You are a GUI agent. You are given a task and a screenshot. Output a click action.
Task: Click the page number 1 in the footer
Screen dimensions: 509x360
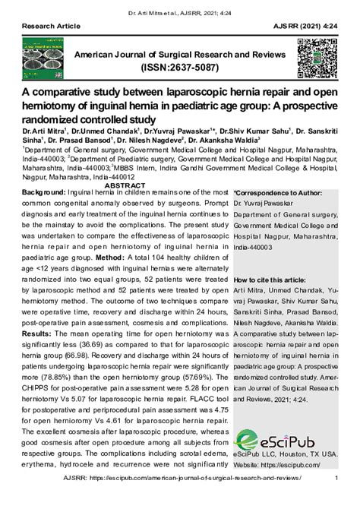336,498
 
